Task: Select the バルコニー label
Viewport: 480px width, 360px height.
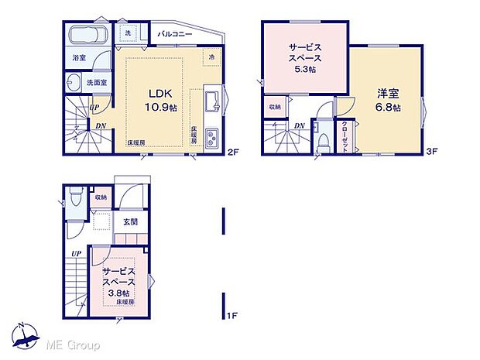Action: [x=177, y=35]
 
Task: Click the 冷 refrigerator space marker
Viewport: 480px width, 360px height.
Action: [x=212, y=57]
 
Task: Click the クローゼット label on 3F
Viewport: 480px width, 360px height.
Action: [x=345, y=139]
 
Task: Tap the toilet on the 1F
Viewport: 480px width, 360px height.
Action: [x=74, y=199]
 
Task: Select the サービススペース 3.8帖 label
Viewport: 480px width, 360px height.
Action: [x=120, y=283]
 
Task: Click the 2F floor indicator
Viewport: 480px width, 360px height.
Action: [x=231, y=153]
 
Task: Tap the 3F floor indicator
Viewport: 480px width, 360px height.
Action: [x=434, y=153]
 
